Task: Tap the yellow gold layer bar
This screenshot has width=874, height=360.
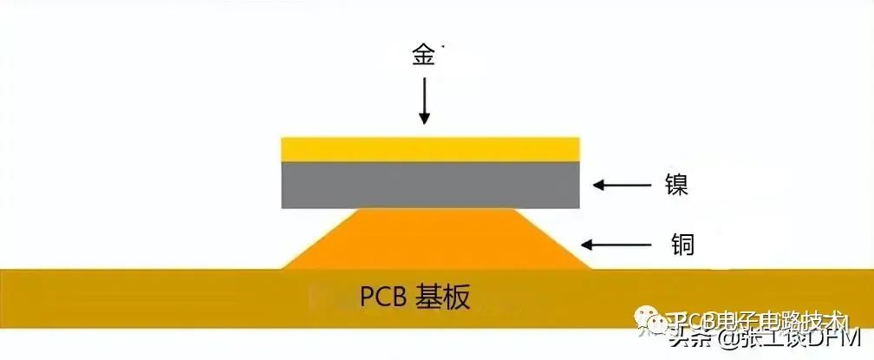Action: point(431,148)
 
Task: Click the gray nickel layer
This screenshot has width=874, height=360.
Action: point(431,185)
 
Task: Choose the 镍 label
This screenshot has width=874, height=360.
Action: point(676,185)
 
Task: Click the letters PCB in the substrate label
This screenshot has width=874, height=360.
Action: point(385,298)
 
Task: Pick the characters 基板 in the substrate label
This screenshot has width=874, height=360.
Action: point(447,298)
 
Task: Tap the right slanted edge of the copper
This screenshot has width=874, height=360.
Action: point(555,239)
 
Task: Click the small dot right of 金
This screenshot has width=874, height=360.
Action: point(442,43)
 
